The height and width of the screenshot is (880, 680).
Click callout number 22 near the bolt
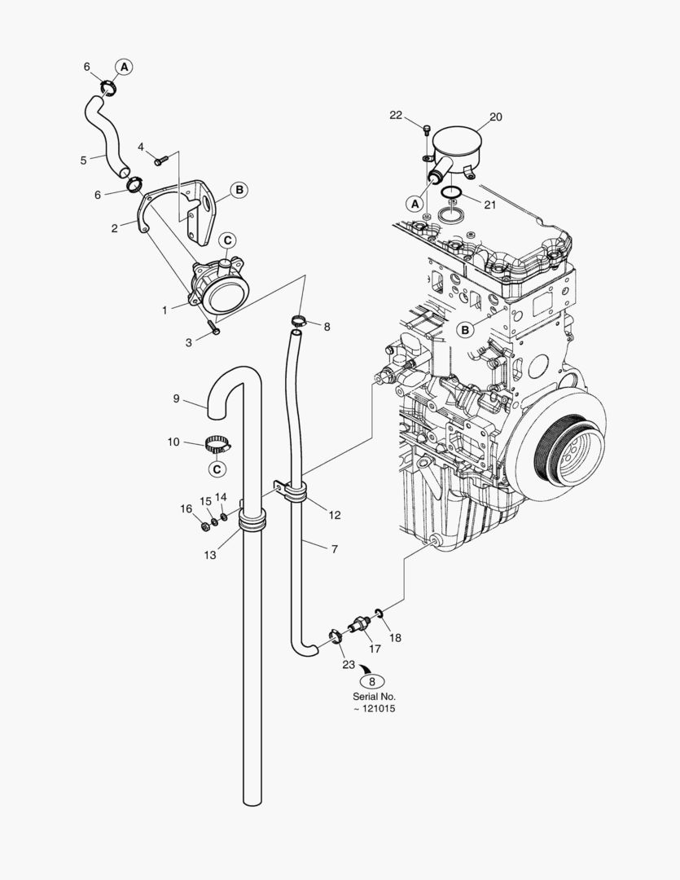(x=396, y=116)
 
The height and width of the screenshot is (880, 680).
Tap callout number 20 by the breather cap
(x=495, y=117)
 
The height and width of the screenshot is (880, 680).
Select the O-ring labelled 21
(x=452, y=193)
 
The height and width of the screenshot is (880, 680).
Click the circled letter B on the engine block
(x=464, y=330)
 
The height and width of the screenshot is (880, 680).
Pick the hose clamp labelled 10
(x=217, y=445)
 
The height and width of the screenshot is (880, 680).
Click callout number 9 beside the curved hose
(x=176, y=398)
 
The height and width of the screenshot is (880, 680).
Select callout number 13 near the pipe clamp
(x=209, y=555)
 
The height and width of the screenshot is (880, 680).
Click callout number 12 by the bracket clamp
(x=335, y=515)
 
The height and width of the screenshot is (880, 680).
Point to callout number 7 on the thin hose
(x=334, y=550)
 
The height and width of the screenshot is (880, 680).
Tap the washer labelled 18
(x=379, y=613)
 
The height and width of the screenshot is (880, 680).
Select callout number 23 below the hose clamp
(x=348, y=665)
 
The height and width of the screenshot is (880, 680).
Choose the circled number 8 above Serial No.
(x=372, y=682)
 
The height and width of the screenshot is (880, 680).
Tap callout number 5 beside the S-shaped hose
(x=83, y=161)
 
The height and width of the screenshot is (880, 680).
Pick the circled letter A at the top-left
(x=123, y=66)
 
